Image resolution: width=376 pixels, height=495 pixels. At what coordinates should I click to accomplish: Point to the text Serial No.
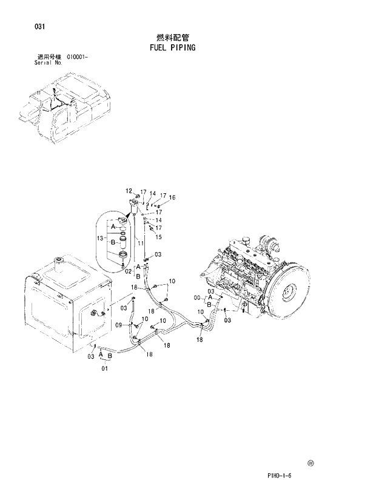click(x=48, y=62)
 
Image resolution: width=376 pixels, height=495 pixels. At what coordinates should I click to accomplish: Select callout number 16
click(x=172, y=198)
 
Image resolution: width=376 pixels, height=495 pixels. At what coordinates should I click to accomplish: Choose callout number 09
click(x=119, y=325)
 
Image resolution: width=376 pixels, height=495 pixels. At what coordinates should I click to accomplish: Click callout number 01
click(x=105, y=368)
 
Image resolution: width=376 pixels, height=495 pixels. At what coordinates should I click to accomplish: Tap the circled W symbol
click(x=311, y=463)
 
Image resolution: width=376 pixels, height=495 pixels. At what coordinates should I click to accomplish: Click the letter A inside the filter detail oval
click(x=112, y=226)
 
